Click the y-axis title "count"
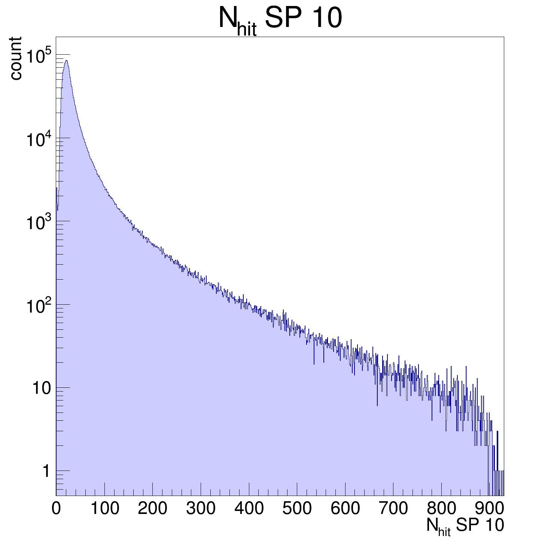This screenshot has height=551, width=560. click(15, 58)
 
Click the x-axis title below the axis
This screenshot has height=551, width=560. click(465, 526)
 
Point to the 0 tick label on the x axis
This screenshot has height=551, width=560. click(56, 509)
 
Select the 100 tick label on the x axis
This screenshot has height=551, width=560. click(104, 509)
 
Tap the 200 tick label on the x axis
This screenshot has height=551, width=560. click(152, 509)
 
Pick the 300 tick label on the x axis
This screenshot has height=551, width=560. click(201, 509)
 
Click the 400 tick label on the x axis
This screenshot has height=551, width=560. click(249, 509)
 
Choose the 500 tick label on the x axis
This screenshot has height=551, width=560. click(297, 509)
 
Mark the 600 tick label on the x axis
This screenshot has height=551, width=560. click(345, 509)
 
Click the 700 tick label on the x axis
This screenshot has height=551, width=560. click(393, 509)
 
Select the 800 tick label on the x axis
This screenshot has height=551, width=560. click(441, 509)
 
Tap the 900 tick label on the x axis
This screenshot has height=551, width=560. click(489, 509)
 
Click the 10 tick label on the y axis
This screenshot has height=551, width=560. click(41, 388)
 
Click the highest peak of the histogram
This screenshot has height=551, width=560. click(66, 60)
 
